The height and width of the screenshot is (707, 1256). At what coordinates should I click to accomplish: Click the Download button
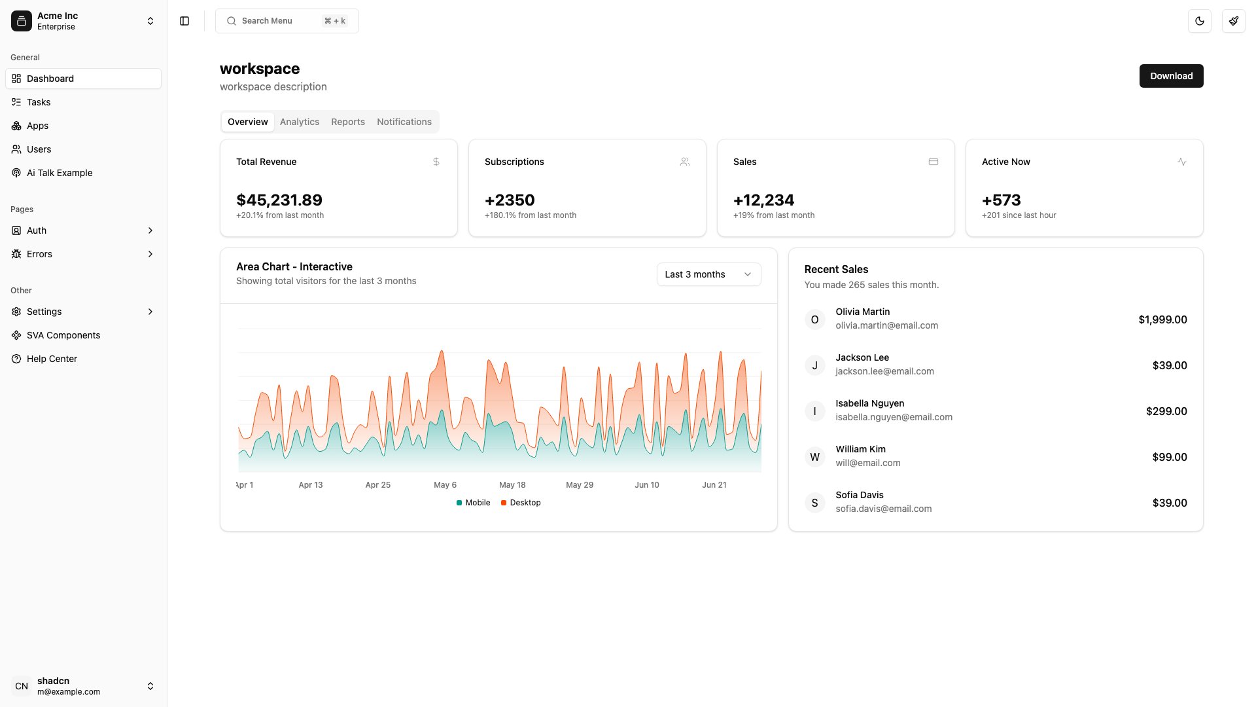coord(1171,76)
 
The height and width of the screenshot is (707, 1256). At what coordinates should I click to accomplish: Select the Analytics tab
coord(300,122)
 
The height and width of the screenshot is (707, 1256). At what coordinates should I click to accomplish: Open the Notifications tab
coord(404,122)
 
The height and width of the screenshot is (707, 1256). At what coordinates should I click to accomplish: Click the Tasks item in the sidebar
coord(39,102)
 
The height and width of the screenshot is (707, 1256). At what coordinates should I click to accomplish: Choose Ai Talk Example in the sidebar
coord(60,173)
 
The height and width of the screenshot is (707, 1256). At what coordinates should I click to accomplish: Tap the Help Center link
coord(52,359)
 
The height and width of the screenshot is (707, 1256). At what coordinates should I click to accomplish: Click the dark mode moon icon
coord(1199,21)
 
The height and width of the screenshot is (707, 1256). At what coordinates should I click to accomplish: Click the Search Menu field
coord(287,21)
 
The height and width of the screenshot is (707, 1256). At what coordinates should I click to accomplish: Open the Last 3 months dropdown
coord(708,274)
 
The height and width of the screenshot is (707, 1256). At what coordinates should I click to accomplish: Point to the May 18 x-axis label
coord(512,485)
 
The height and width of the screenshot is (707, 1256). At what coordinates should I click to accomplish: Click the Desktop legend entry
coord(521,503)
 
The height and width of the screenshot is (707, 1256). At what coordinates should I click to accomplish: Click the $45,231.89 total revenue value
coord(279,200)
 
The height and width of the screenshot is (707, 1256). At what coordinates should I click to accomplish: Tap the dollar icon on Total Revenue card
coord(436,162)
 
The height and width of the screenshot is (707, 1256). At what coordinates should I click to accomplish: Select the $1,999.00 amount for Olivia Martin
coord(1162,319)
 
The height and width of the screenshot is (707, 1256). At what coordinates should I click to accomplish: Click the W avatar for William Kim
coord(814,457)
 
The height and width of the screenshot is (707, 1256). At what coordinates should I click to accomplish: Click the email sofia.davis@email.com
coord(883,509)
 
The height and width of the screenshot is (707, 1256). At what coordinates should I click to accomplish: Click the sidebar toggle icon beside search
coord(184,21)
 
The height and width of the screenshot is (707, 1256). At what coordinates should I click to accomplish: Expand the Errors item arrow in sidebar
coord(150,254)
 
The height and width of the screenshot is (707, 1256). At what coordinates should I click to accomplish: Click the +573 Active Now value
coord(1001,200)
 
